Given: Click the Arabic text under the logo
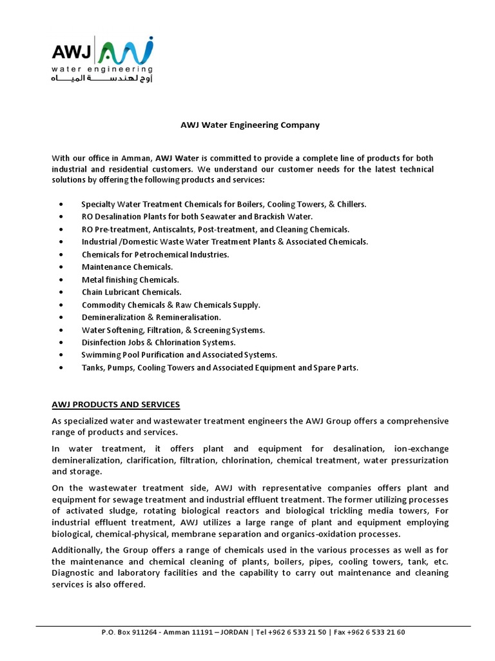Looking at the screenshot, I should [102, 79].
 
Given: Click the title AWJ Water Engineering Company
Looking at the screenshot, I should [249, 125].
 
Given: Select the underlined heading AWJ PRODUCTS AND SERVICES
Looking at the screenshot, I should [116, 405].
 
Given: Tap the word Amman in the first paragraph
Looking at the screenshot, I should [135, 158].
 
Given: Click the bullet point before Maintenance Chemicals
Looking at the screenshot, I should [61, 267].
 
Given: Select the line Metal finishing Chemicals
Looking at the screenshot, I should [130, 280].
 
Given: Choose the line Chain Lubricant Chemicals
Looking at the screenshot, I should [131, 292].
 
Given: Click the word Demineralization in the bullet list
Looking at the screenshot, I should [110, 317].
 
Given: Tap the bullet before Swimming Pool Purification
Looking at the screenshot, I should [61, 355].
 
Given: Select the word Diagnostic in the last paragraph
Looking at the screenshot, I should [74, 573].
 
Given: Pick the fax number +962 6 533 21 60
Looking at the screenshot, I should [376, 632].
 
